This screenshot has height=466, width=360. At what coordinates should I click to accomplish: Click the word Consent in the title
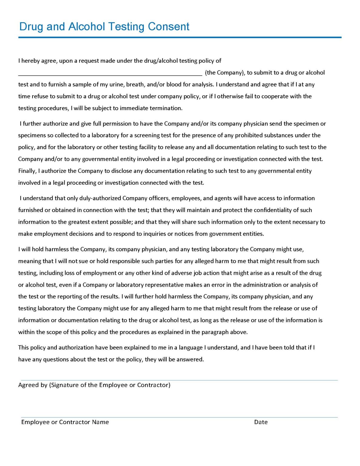click(168, 27)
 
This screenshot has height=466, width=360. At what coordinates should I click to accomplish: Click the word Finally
click(27, 171)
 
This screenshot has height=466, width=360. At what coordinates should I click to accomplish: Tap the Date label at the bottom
click(261, 422)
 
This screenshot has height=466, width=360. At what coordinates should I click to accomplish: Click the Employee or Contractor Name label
click(65, 422)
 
